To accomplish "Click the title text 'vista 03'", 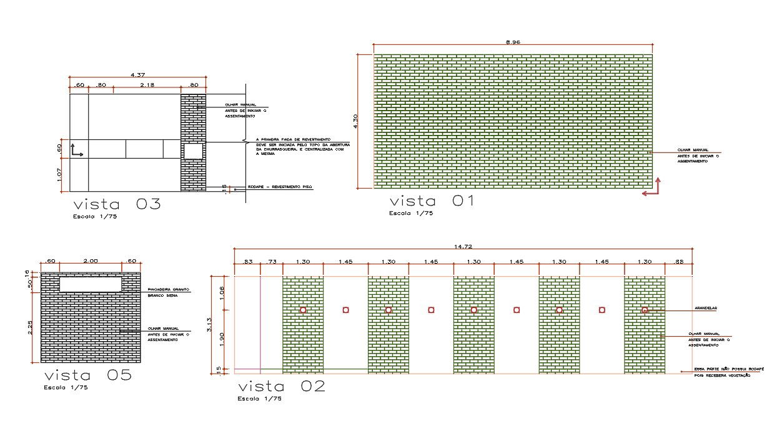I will (117, 204).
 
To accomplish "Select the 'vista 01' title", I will (432, 201).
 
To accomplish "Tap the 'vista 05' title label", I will (88, 375).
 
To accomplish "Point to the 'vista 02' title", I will (282, 386).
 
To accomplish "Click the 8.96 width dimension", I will (513, 42).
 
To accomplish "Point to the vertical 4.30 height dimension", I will (355, 121).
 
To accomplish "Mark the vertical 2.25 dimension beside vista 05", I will (30, 328).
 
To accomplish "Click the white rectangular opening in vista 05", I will (91, 284).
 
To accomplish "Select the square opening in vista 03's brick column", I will (192, 152).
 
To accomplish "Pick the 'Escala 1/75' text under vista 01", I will (410, 214).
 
